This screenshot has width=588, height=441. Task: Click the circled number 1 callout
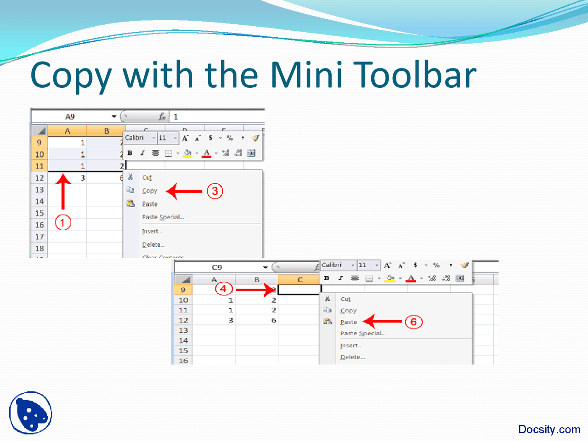(63, 223)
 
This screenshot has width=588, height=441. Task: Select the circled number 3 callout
(215, 191)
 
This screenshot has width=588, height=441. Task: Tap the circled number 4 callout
(223, 289)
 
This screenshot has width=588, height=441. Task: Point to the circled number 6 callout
(413, 322)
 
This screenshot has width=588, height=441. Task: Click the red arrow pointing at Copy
(184, 191)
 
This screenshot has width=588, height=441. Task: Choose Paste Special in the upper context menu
(163, 217)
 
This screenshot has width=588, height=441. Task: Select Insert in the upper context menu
(152, 232)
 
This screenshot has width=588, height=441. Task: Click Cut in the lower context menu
(345, 299)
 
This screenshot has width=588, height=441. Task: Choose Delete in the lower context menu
(352, 357)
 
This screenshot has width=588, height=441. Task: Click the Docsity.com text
(549, 430)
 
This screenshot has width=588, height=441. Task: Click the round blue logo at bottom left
(30, 413)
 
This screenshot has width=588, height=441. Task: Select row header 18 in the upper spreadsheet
(40, 249)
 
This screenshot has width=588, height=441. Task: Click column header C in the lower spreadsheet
(300, 279)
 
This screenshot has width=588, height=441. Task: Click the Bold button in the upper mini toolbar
(130, 153)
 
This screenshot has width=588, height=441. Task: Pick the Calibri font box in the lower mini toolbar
(335, 265)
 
